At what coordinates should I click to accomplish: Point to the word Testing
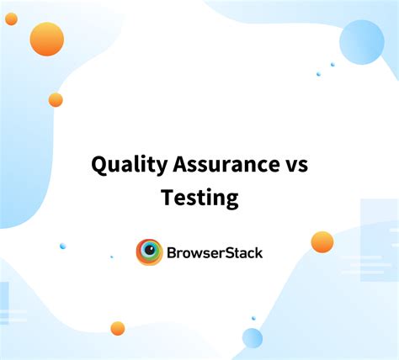199,198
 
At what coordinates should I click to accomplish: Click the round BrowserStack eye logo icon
149,251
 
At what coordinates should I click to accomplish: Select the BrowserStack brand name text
215,251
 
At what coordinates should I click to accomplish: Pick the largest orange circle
46,39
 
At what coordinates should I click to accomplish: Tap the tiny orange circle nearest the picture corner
11,19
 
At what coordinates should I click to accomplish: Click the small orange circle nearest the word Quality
56,100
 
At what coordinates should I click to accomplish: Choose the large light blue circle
361,42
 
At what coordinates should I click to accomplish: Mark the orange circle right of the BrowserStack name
322,242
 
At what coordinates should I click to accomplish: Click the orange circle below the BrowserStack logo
117,328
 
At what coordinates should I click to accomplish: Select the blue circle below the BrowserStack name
253,337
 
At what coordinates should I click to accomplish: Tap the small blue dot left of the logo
62,246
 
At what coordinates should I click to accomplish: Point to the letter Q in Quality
98,165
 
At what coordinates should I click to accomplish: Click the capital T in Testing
167,198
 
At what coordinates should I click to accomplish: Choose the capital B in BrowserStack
173,251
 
